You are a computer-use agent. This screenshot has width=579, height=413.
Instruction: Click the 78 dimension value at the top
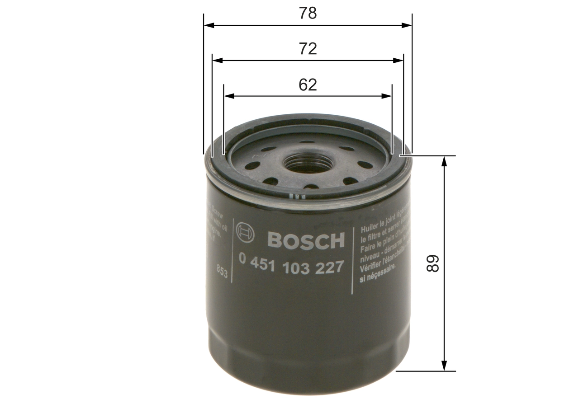pos(308,14)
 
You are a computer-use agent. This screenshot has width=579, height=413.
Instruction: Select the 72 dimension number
pos(308,49)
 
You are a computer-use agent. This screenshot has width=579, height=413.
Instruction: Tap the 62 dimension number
pos(308,84)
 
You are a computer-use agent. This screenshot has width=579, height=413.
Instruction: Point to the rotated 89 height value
pos(433,263)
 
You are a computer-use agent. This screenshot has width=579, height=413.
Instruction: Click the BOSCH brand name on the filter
pos(306,240)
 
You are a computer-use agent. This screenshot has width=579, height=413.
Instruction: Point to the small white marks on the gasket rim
pos(295,197)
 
